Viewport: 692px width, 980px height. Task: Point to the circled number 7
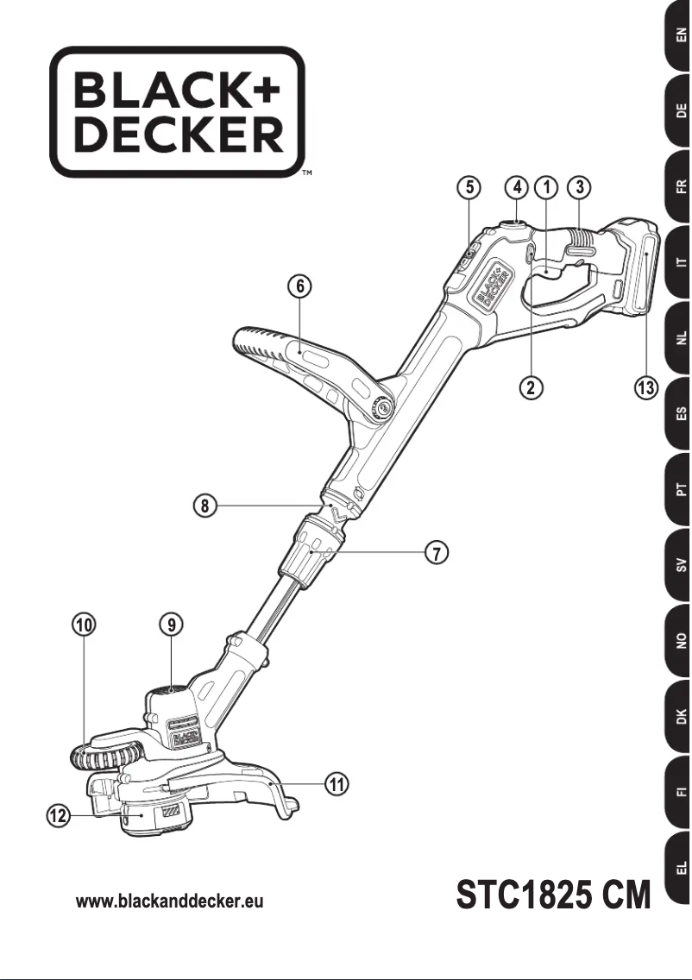(438, 553)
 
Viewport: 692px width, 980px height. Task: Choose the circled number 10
(84, 624)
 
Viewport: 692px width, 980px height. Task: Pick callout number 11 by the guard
(337, 783)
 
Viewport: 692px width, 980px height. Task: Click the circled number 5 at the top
(468, 186)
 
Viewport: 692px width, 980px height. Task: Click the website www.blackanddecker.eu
(169, 901)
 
